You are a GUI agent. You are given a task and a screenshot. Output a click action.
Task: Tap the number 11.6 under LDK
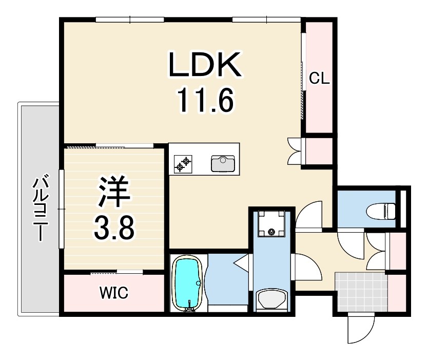[x=205, y=100]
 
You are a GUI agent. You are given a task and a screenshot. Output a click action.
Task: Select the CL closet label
[x=319, y=79]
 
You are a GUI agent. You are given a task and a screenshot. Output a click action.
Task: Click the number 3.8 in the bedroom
[x=113, y=227]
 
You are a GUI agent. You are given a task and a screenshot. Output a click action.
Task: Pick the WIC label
[x=113, y=294]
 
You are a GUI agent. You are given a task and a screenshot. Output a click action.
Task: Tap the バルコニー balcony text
[x=41, y=208]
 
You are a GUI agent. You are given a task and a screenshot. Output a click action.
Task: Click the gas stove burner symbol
[x=183, y=164]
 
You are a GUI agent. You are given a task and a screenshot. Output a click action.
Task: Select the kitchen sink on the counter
[x=223, y=163]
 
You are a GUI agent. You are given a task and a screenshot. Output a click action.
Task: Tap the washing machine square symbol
[x=271, y=224]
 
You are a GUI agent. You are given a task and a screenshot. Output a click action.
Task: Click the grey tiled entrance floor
[x=361, y=292]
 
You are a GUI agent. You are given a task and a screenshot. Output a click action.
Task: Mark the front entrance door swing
[x=361, y=329]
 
